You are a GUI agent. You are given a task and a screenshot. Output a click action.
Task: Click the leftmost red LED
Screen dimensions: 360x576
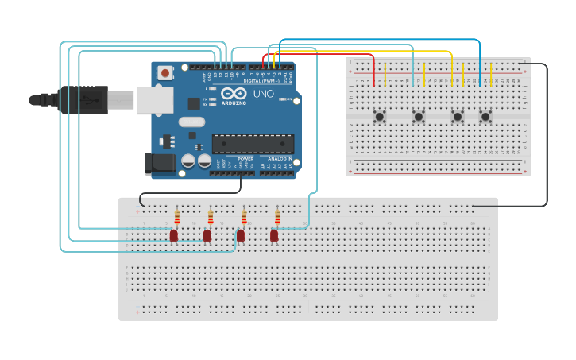click(174, 235)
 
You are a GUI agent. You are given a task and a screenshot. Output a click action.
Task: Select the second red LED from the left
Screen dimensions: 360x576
click(207, 235)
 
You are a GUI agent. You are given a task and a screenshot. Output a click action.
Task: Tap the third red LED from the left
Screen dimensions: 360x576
click(241, 235)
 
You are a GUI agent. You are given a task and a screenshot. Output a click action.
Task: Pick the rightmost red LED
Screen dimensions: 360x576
click(274, 235)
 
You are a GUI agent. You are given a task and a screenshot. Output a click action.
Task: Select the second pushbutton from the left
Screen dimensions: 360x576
click(419, 117)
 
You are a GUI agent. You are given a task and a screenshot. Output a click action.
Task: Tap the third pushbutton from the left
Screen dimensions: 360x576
click(458, 117)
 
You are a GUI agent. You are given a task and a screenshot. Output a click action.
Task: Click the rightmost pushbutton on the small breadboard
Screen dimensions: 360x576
click(485, 117)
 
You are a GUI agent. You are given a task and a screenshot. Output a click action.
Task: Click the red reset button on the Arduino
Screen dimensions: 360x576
click(165, 73)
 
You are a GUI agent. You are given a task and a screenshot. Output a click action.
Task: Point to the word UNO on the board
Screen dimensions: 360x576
click(263, 94)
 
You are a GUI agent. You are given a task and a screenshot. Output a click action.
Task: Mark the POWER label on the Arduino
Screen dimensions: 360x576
click(245, 159)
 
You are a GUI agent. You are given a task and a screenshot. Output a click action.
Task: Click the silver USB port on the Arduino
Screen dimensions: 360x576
click(154, 100)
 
